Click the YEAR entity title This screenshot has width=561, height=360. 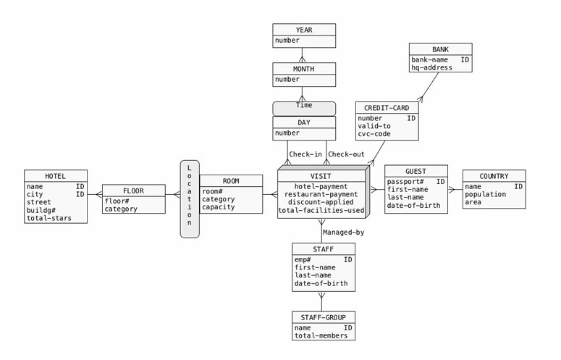304,30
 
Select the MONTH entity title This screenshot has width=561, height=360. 304,69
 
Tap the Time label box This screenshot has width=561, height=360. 304,106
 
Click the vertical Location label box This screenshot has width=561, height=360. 190,198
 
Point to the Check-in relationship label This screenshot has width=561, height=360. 304,154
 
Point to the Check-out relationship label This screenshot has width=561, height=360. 345,154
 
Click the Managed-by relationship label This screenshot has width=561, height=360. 342,233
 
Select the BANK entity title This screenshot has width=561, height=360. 440,49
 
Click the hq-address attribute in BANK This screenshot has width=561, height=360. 431,67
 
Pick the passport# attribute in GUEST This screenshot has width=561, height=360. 405,182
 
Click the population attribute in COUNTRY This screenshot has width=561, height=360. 485,195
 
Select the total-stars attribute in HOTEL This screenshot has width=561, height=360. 48,218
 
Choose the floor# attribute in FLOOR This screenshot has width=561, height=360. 117,201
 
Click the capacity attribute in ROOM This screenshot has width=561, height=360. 218,208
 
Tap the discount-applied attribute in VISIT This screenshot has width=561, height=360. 321,203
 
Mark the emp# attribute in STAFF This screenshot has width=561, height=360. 303,259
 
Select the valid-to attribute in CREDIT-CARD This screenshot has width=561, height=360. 374,126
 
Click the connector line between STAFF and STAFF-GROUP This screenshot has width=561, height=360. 322,301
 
